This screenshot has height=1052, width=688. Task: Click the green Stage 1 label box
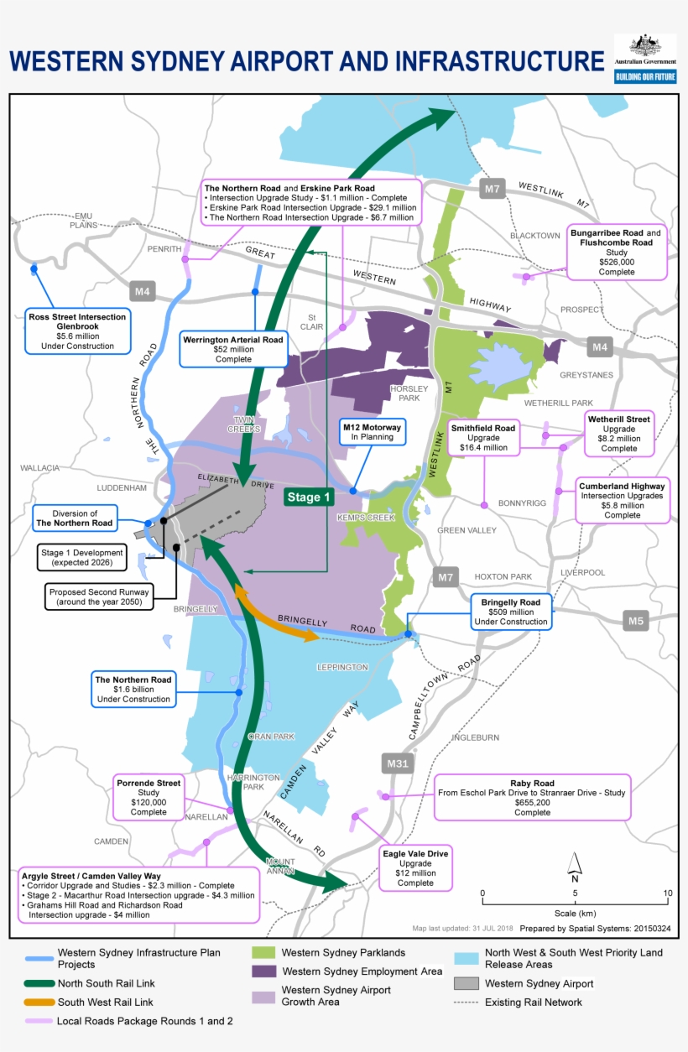[308, 497]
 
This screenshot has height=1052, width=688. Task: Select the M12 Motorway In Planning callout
[371, 432]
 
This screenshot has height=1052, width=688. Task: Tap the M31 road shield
[397, 763]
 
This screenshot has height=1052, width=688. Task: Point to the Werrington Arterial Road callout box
[233, 349]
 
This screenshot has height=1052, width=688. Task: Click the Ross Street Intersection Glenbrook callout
[77, 331]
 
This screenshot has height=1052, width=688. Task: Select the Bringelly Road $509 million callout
[512, 612]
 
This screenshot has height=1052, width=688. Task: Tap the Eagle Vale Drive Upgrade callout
[415, 867]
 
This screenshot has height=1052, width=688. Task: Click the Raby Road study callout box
[532, 797]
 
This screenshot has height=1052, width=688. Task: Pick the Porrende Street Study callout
[149, 797]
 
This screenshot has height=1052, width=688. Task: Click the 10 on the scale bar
[667, 893]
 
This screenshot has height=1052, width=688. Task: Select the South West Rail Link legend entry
[106, 1002]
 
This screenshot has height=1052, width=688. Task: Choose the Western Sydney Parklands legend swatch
[263, 952]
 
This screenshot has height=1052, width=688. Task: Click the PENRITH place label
[164, 249]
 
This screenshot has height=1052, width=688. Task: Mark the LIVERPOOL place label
[582, 572]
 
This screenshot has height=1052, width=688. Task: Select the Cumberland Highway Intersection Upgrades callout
[622, 500]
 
